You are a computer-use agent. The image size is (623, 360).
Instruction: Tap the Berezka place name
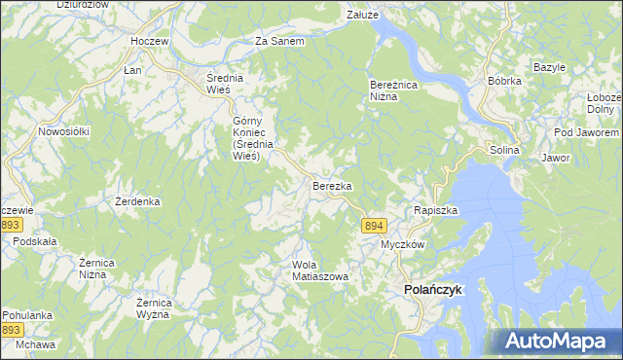point(331,185)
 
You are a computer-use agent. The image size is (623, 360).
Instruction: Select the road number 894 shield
point(374,226)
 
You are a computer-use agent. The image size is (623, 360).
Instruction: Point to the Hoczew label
point(151,42)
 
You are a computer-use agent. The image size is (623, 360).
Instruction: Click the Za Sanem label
point(279,42)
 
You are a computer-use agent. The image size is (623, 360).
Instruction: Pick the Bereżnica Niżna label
point(392,90)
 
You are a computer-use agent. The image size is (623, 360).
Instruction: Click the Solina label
point(505,151)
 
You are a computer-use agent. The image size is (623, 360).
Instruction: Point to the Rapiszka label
point(435,210)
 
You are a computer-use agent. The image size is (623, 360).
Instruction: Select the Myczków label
point(402,244)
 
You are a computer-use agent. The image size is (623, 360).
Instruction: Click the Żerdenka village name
point(137,201)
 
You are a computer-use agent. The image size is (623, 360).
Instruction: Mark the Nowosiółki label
point(63,130)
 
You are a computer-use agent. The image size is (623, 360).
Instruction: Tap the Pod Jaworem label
point(585,132)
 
